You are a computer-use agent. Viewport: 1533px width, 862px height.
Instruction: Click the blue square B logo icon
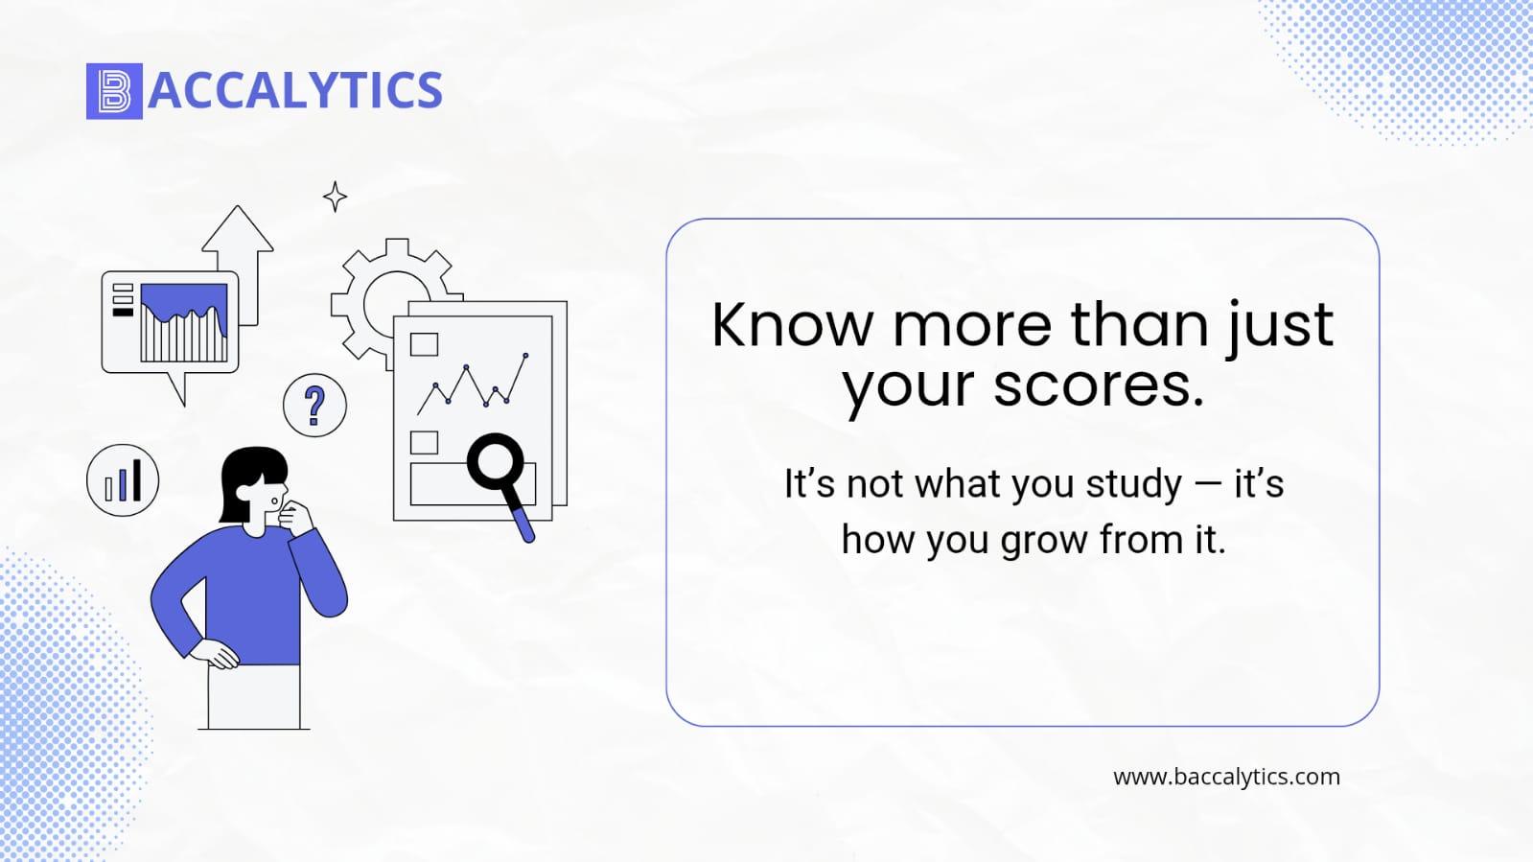click(114, 91)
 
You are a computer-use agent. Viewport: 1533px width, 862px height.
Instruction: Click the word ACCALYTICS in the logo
click(295, 90)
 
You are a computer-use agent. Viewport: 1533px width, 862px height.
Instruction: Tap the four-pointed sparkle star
click(335, 198)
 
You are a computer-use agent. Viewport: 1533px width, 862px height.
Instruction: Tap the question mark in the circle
click(314, 406)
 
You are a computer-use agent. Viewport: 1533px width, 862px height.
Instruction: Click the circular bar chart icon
click(123, 480)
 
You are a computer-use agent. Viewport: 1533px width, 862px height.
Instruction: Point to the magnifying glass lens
click(495, 461)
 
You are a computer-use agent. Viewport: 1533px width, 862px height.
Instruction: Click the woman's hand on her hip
click(215, 653)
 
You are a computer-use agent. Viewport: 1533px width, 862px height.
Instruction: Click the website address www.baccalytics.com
click(1226, 777)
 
